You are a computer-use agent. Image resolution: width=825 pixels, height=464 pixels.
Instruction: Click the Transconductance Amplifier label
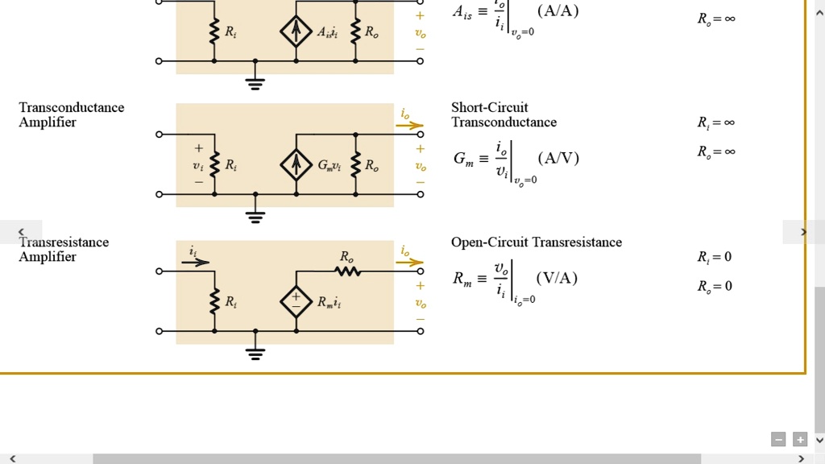[72, 114]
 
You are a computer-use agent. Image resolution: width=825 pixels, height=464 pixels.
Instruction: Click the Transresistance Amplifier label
[64, 249]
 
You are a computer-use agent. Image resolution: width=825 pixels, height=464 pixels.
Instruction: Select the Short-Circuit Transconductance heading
[504, 114]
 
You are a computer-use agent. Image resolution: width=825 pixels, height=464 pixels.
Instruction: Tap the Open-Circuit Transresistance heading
[536, 242]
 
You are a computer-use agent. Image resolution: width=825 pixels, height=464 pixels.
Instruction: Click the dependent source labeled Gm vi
[296, 165]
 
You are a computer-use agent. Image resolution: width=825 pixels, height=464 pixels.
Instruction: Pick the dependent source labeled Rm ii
[296, 302]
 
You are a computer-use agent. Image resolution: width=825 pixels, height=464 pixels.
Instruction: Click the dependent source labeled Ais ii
[296, 32]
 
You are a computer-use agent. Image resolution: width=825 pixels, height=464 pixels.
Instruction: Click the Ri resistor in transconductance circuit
[214, 165]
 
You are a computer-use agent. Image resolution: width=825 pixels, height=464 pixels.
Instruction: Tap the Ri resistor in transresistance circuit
[214, 302]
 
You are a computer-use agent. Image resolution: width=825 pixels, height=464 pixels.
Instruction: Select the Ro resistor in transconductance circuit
[355, 165]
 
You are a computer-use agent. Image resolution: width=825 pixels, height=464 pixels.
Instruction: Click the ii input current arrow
[195, 262]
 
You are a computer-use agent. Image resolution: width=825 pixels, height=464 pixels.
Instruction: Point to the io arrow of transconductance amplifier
[409, 125]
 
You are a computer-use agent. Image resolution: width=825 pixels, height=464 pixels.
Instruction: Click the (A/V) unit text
[558, 158]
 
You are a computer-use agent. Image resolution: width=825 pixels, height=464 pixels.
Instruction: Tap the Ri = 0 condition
[715, 257]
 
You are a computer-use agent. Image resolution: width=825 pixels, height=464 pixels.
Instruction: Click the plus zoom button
[799, 439]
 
